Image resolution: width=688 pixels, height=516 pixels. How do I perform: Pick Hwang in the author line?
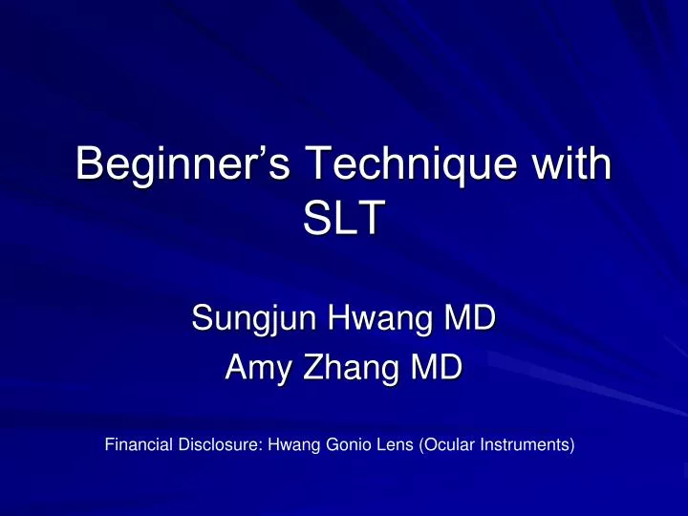coord(379,313)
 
